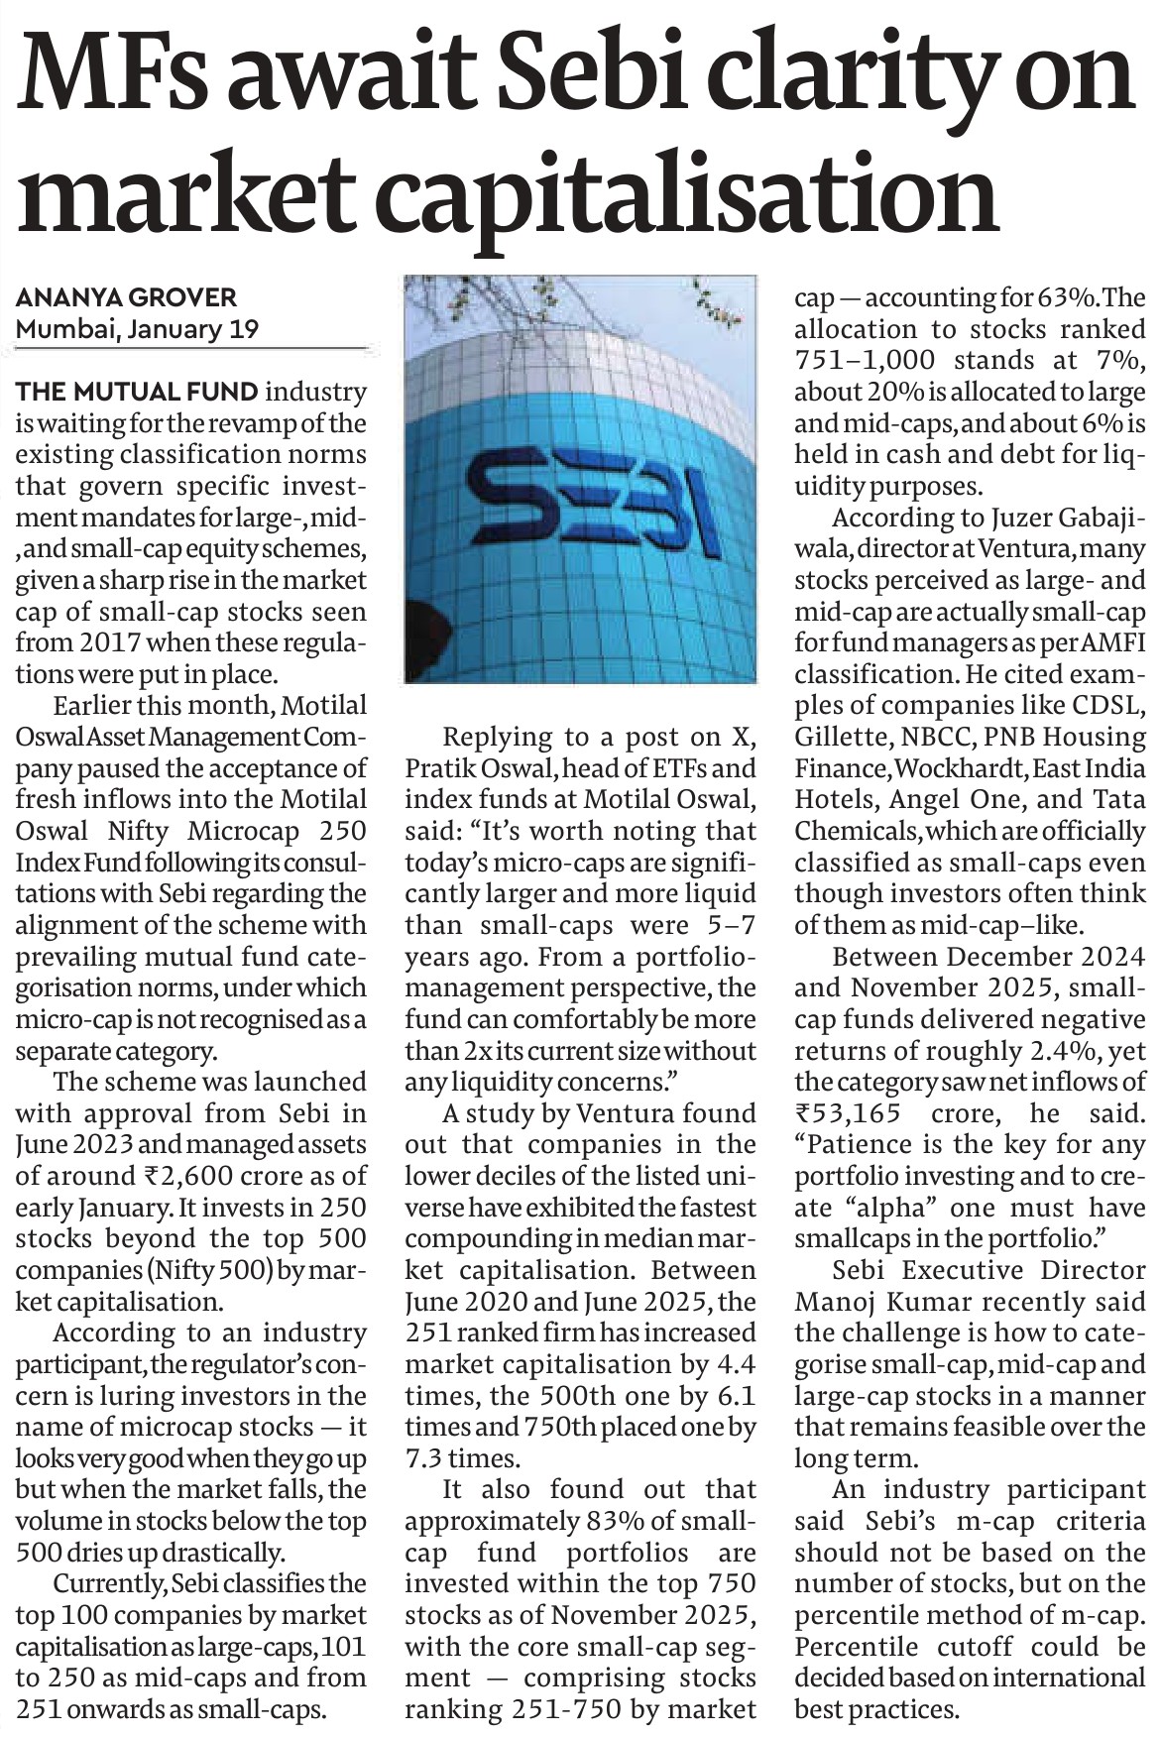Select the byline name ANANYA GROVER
126,297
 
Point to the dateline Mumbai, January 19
137,329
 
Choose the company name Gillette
834,738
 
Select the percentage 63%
1068,298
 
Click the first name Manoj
832,1303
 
